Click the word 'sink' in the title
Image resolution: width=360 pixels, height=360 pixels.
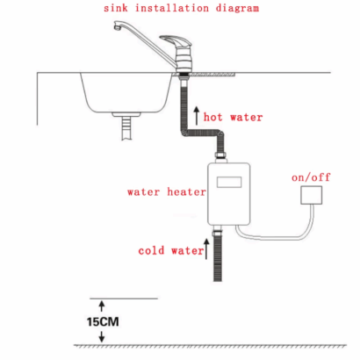tap(116, 8)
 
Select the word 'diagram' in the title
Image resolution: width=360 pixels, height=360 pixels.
tap(237, 8)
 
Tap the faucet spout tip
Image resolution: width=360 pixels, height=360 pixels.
tap(118, 27)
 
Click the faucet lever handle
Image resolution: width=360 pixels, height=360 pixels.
tap(176, 41)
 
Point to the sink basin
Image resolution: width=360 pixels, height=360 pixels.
tap(126, 93)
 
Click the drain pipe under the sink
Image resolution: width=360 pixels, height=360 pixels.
tap(126, 128)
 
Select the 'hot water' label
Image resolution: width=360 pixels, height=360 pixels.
tap(233, 117)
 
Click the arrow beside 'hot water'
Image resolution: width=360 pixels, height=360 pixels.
tap(197, 116)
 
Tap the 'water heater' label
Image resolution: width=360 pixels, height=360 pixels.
tap(167, 192)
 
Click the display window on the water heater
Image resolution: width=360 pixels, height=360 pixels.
tap(229, 182)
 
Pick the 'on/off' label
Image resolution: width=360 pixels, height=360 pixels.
tap(311, 177)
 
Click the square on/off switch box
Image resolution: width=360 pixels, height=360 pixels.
tap(312, 195)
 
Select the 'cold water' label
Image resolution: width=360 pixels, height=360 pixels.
tap(171, 251)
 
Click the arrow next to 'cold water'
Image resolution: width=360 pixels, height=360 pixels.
tap(206, 249)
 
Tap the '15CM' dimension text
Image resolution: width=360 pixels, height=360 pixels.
tap(103, 322)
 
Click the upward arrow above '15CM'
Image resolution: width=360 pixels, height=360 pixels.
tap(102, 306)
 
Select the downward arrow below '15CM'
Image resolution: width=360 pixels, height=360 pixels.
tap(102, 336)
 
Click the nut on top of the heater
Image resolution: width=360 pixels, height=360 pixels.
tap(221, 156)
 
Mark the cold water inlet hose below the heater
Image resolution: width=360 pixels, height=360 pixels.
tap(218, 256)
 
